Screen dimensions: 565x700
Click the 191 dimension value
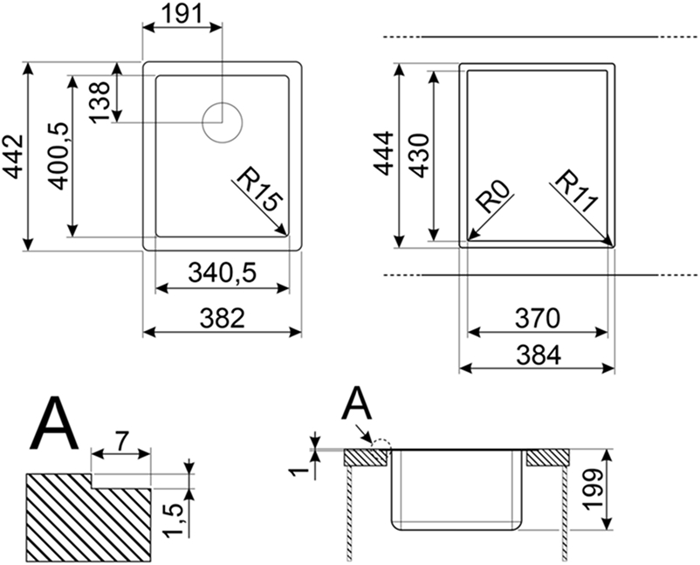pos(182,13)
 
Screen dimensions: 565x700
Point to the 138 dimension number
pos(100,101)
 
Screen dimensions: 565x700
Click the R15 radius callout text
pos(259,193)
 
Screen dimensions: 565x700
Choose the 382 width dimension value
pos(222,318)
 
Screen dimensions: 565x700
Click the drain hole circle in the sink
pos(221,122)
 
